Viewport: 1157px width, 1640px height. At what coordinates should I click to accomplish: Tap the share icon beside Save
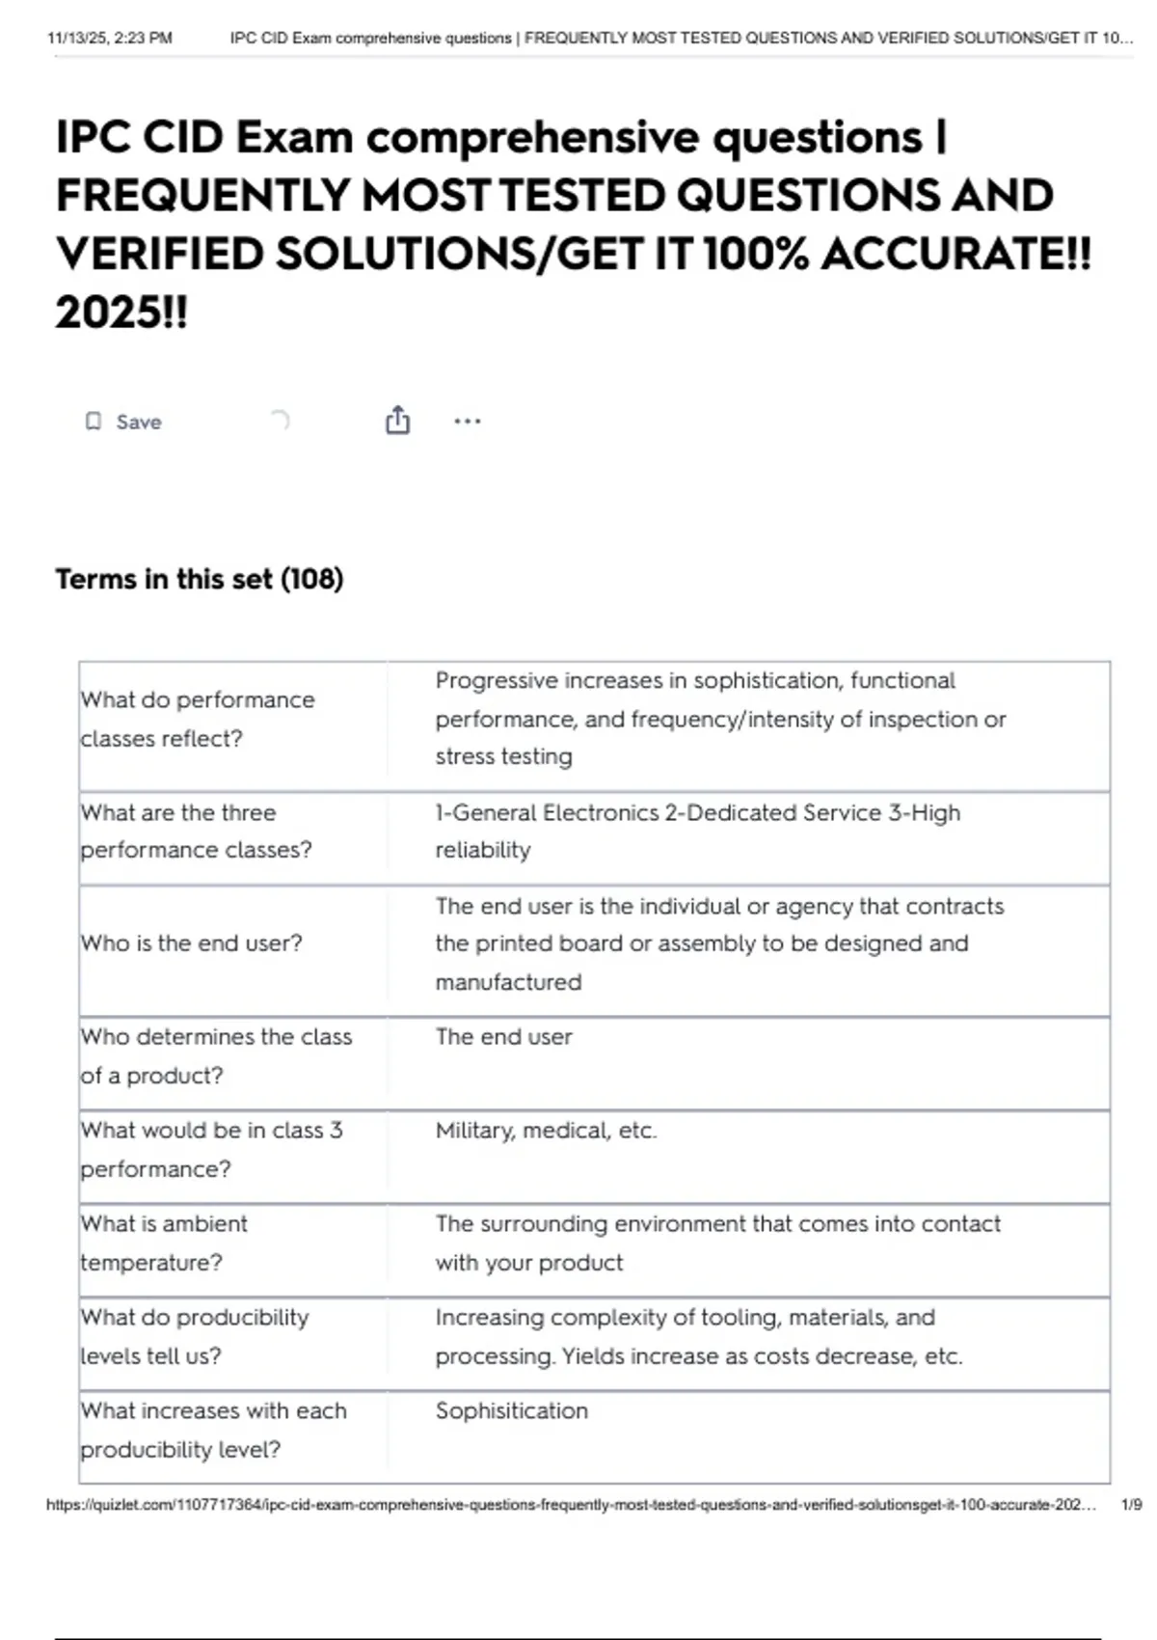point(397,421)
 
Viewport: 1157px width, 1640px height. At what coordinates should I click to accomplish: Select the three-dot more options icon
point(467,422)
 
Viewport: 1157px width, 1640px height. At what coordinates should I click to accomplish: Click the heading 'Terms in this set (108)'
point(200,579)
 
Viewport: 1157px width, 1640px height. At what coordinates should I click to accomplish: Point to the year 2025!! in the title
point(121,313)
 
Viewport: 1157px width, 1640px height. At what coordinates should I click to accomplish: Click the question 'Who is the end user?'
point(191,943)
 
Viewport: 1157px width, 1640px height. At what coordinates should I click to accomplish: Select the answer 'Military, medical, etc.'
point(546,1131)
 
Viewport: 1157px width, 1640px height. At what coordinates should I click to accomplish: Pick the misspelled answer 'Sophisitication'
point(511,1411)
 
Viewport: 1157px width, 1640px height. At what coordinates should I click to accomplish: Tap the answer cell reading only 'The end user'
point(503,1037)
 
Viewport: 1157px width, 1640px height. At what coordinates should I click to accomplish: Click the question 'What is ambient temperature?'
point(164,1243)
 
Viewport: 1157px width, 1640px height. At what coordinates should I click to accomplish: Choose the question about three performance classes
point(196,832)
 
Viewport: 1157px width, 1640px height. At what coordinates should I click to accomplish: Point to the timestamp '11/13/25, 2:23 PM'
point(110,39)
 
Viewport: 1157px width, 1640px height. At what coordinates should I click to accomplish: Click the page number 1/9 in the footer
point(1131,1505)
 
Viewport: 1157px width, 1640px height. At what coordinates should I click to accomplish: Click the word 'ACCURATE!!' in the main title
point(956,255)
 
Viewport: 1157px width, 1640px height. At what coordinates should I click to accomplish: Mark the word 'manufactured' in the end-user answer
point(508,982)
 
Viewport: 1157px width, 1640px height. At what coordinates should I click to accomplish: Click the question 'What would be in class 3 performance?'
point(211,1150)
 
